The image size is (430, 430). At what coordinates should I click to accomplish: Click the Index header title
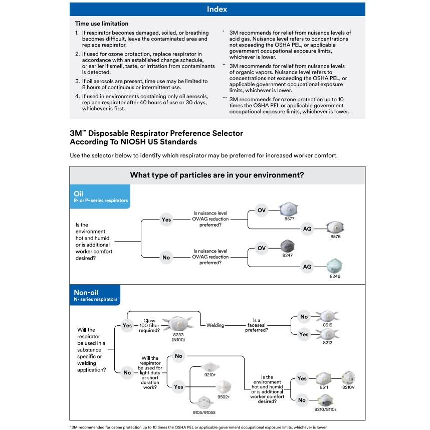click(x=217, y=9)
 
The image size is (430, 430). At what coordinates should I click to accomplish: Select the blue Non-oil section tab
click(x=95, y=295)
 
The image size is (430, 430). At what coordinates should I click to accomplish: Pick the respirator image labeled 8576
click(x=335, y=228)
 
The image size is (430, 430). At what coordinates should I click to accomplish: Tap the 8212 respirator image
click(x=327, y=334)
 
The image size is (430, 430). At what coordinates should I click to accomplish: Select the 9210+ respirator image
click(x=210, y=367)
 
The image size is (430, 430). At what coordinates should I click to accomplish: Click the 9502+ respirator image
click(x=224, y=387)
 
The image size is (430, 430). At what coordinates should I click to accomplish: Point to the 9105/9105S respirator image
click(x=204, y=402)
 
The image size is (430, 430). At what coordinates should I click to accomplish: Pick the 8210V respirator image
click(x=348, y=378)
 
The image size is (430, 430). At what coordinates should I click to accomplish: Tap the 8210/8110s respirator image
click(x=325, y=400)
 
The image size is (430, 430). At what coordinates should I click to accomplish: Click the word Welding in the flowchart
click(x=216, y=325)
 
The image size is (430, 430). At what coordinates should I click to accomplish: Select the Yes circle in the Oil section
click(x=166, y=220)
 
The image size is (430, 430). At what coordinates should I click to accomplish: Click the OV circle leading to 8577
click(x=262, y=210)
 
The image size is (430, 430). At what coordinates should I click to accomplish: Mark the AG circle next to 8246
click(x=307, y=267)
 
